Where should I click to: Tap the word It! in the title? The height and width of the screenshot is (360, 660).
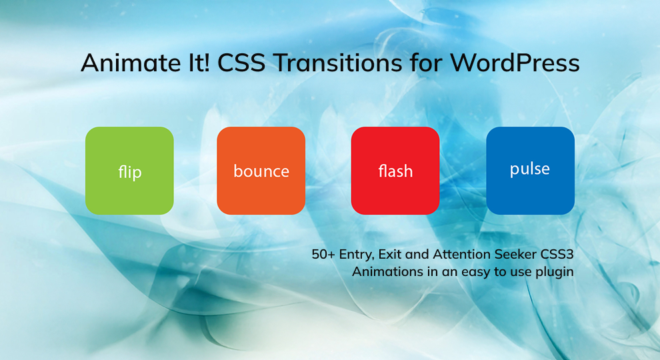(198, 63)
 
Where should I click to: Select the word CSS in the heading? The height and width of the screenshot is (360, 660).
(241, 63)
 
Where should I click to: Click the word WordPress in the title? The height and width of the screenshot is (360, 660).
(515, 63)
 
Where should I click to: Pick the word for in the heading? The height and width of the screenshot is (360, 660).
(426, 63)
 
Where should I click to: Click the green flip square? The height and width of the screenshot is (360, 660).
(129, 171)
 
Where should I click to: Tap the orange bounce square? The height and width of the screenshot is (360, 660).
(261, 171)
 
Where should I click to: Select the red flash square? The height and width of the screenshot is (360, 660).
(395, 171)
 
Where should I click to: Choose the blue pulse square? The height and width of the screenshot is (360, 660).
(531, 171)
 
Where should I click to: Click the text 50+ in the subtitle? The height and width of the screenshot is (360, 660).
(323, 254)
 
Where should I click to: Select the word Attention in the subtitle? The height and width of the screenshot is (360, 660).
(462, 254)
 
